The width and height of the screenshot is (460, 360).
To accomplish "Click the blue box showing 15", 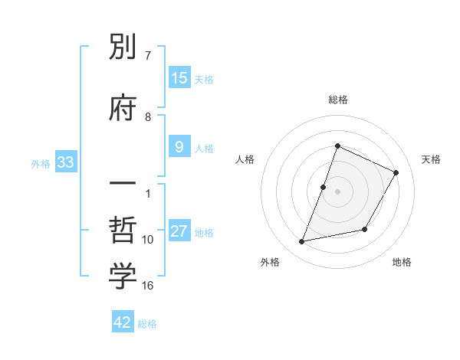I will pos(179,77).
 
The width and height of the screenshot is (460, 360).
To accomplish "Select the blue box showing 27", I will pos(179,231).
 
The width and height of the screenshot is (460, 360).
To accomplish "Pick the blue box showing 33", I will pos(64,162).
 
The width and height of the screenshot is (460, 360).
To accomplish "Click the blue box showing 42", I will pos(123,322).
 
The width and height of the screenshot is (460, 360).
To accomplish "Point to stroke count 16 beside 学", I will pos(148,286).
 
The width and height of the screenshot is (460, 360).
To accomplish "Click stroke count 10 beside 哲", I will pos(148,240).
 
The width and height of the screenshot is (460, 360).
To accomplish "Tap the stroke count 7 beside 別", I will pos(148,55).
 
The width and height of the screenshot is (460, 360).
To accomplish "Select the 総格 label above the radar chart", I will pos(337,100).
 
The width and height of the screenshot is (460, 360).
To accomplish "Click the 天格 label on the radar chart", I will pos(431,159).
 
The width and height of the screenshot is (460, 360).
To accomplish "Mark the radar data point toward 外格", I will pos(302,242).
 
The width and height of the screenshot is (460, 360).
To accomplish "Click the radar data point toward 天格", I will pos(396,173).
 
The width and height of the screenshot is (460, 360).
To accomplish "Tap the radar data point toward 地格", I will pos(365,230).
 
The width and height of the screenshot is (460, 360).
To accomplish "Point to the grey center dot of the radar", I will pos(337,191).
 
